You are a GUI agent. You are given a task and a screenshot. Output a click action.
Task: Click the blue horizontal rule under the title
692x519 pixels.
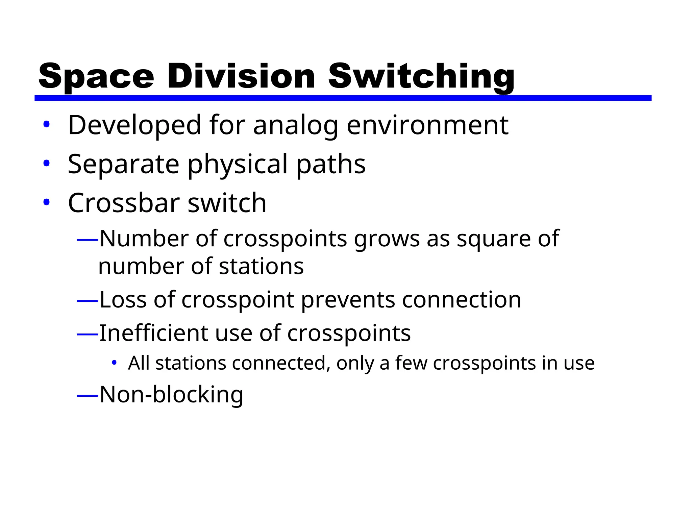click(343, 98)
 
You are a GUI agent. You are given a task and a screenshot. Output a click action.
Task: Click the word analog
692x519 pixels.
click(296, 126)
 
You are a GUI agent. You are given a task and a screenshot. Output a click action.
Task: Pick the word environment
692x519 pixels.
click(427, 126)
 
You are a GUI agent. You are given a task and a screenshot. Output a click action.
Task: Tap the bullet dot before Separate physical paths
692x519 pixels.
click(46, 164)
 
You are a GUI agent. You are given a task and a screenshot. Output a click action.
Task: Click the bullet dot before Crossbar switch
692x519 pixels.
click(46, 202)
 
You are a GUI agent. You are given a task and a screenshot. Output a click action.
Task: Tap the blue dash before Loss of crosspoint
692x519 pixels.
click(88, 300)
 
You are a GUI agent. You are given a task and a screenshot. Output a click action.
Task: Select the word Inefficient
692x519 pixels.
click(153, 333)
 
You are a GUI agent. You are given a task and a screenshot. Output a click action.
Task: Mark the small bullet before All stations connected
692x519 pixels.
click(114, 363)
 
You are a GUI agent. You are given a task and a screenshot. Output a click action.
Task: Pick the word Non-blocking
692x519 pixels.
click(171, 395)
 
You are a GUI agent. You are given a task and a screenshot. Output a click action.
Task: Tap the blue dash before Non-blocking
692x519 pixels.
click(88, 395)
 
